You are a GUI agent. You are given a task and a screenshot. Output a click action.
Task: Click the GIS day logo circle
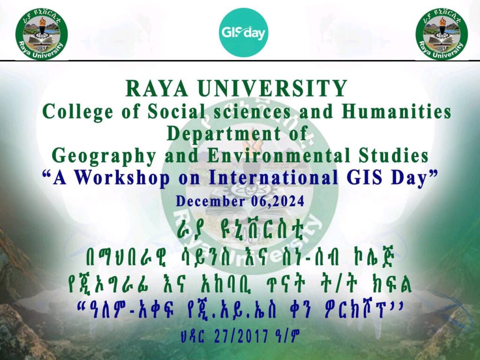(x=243, y=32)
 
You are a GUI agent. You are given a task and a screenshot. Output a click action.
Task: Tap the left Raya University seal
(x=42, y=34)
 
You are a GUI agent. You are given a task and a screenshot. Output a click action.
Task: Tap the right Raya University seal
(x=442, y=34)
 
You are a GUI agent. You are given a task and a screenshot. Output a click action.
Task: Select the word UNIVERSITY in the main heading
(x=272, y=89)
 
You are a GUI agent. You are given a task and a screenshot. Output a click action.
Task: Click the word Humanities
(x=397, y=112)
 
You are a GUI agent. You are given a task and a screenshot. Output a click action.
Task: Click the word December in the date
(x=210, y=202)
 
